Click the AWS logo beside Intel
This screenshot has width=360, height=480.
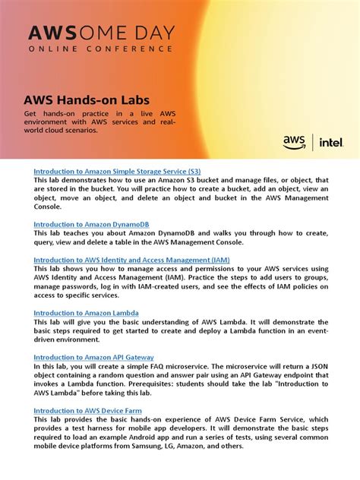(x=294, y=141)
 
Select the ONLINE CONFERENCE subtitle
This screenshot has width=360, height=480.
(x=101, y=49)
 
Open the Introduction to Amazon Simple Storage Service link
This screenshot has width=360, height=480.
(x=117, y=171)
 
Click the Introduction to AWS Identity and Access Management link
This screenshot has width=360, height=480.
(x=131, y=260)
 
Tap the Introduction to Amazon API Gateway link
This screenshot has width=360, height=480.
(x=93, y=357)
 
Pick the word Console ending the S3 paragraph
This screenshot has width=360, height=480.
(x=49, y=207)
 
